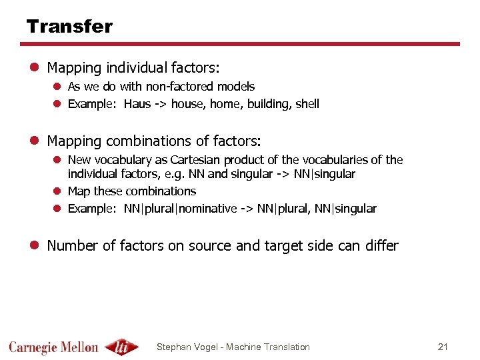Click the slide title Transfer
coord(69,27)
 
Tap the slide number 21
coord(443,347)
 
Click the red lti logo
coord(122,347)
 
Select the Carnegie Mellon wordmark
coord(53,347)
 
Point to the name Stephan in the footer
coord(173,347)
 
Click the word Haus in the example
coord(137,104)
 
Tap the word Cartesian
coord(195,160)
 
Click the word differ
coord(381,246)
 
